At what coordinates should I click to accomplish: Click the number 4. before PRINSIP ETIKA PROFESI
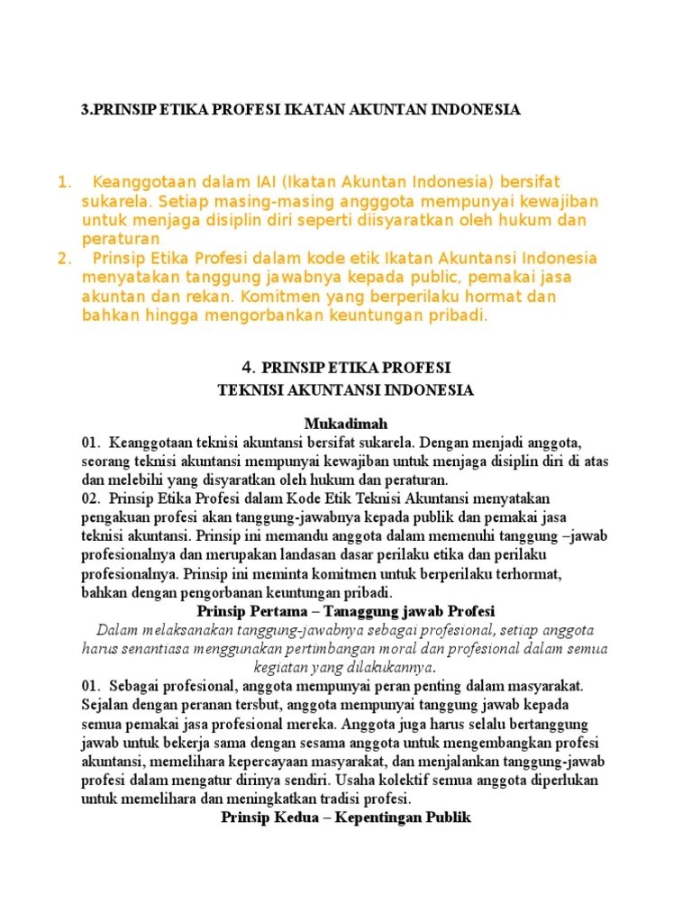click(249, 368)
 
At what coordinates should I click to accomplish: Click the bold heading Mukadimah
click(346, 424)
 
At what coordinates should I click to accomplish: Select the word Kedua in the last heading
click(290, 818)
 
